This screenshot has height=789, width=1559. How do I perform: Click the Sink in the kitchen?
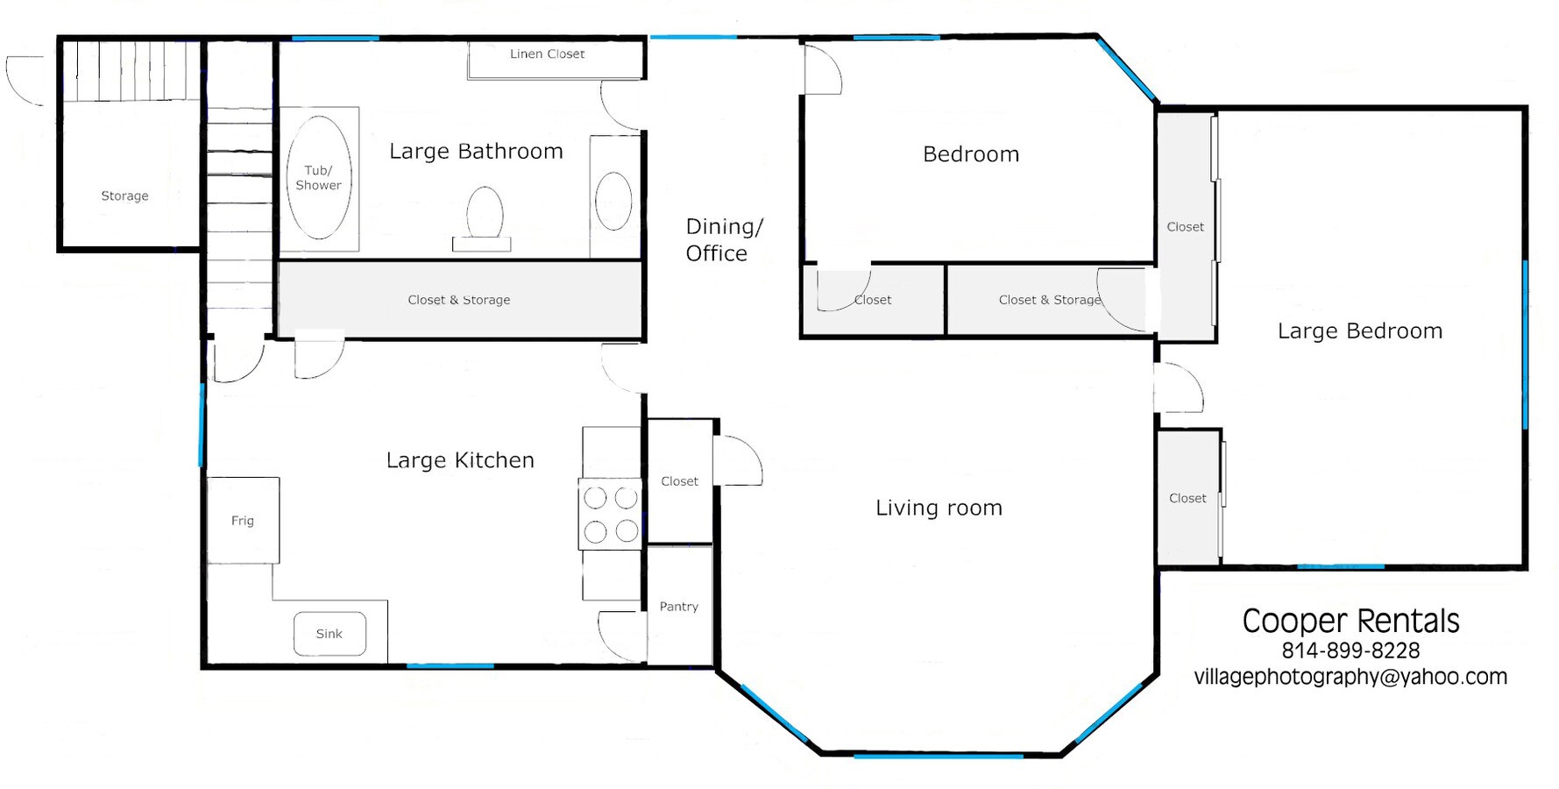[329, 633]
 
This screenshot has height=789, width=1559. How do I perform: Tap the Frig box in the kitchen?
[243, 520]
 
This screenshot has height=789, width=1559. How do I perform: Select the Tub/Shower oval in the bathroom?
[319, 178]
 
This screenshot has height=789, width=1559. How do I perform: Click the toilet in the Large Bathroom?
[483, 218]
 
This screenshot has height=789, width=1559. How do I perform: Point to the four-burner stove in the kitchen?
[610, 514]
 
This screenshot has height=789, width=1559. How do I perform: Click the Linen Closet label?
[547, 53]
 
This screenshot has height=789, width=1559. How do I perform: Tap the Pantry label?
[679, 606]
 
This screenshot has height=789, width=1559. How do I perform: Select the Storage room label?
[124, 195]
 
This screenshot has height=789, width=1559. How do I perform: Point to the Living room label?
[939, 508]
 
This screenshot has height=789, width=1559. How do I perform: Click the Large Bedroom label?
[1359, 331]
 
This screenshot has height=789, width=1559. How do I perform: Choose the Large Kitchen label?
[460, 460]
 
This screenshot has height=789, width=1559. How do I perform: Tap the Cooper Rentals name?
[1350, 621]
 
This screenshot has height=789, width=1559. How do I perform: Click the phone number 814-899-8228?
[1350, 650]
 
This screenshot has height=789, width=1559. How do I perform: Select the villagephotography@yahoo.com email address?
[1350, 677]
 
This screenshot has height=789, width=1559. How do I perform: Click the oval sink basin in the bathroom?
[613, 201]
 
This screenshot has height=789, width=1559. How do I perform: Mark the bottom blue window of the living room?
[939, 754]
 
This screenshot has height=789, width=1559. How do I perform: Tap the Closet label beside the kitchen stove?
[679, 480]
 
